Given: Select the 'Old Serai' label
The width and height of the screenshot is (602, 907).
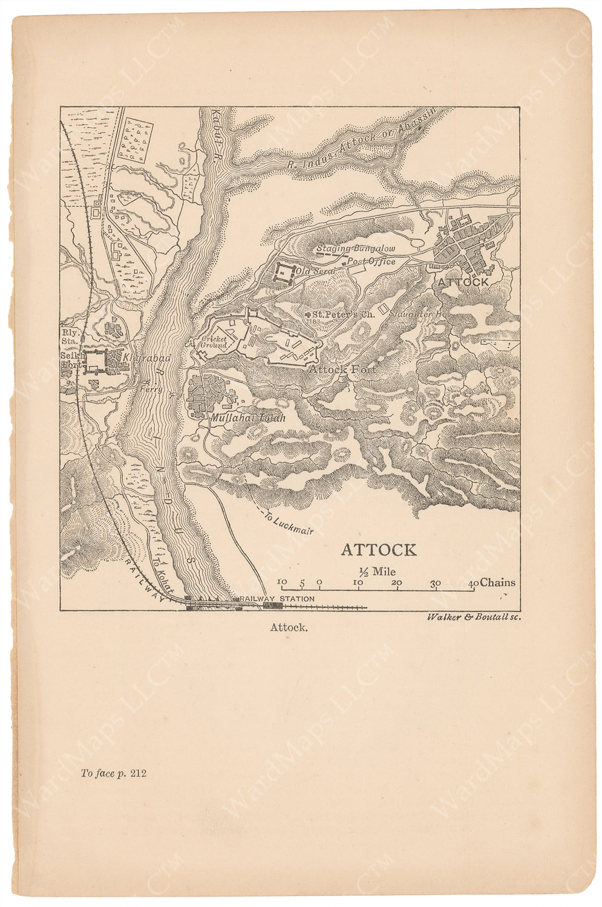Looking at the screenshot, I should pos(315,271).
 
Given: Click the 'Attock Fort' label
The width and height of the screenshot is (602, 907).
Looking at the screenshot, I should pos(342,368).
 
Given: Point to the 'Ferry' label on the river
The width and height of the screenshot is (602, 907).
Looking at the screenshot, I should pos(151,390).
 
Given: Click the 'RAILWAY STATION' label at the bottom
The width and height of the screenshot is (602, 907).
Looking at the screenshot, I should pos(277,599).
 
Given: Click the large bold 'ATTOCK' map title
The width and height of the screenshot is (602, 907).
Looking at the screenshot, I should pos(379,550).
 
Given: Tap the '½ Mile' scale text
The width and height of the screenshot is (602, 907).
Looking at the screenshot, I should pos(376,571).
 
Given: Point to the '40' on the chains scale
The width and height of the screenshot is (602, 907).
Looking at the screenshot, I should pos(473,583).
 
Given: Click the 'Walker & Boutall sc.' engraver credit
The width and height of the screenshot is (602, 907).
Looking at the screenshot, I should pos(473,617).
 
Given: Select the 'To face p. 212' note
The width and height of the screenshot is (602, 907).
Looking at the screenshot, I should pos(113,773).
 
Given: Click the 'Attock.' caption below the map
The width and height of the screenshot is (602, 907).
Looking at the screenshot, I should pos(289,627).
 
